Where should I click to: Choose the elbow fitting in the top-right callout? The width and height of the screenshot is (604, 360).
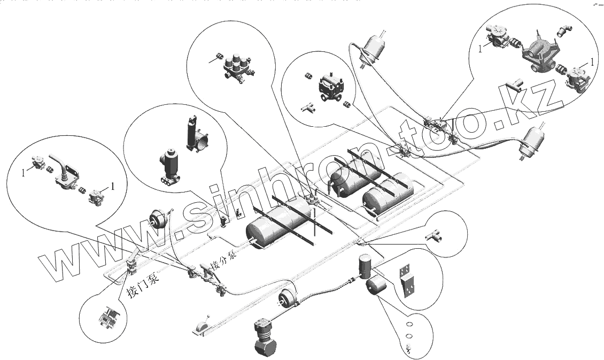point(562,32)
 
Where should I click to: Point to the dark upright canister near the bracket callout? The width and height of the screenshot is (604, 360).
point(365,266)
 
